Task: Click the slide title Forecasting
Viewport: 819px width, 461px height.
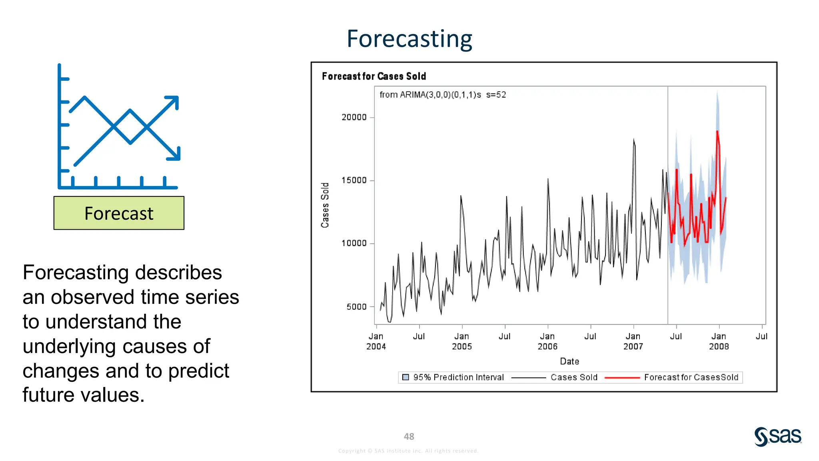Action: coord(409,39)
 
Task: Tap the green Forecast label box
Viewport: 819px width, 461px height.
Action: coord(119,213)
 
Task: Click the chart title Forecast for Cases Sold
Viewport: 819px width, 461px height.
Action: coord(374,76)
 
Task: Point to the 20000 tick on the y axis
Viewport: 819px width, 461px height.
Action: coord(354,117)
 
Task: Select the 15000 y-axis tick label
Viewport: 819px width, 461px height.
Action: coord(354,180)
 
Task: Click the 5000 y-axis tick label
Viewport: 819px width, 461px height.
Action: coord(356,307)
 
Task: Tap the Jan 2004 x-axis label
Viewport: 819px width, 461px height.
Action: coord(376,341)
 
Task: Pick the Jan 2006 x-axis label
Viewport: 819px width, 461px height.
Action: coord(547,341)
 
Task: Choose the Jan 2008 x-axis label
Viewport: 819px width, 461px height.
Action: coord(719,341)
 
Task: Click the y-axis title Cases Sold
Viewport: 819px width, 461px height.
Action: coord(325,205)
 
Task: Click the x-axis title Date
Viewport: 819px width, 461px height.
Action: coord(569,361)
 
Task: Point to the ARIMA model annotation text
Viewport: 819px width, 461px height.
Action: coord(442,95)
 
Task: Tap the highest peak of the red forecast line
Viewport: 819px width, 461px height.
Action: coord(717,132)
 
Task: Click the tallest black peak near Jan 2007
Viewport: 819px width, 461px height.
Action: coord(633,140)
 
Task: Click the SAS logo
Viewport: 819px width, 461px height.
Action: coord(778,436)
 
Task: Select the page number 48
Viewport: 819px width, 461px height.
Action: coord(409,437)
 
